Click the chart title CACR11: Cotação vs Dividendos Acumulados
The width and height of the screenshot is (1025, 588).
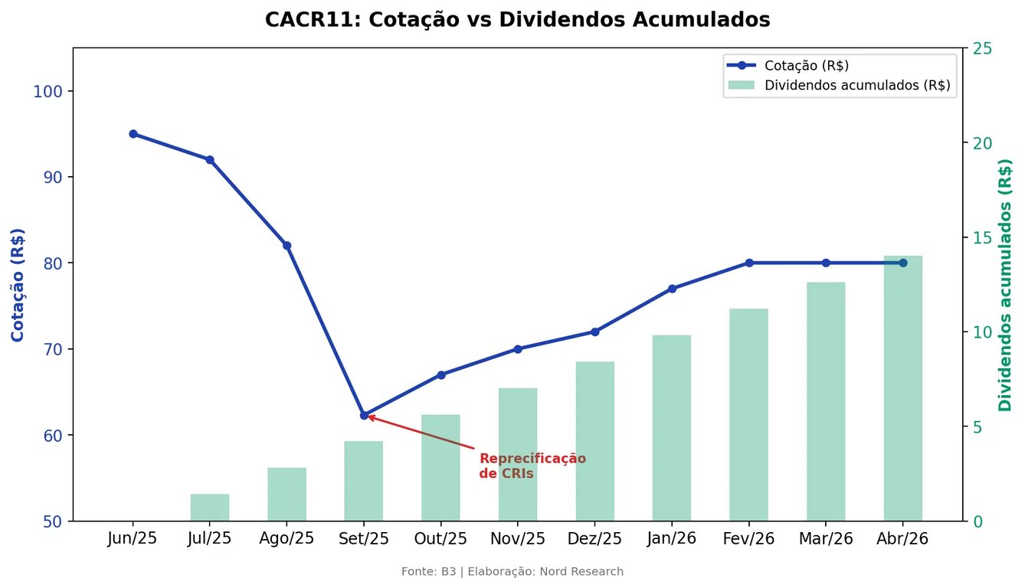coord(517,20)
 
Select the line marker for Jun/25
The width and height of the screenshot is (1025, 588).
coord(133,134)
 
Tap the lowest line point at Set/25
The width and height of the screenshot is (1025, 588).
coord(364,415)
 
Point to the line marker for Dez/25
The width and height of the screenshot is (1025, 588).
coord(595,332)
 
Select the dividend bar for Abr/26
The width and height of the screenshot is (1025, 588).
coord(902,388)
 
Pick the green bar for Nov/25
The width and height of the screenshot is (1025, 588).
coord(518,454)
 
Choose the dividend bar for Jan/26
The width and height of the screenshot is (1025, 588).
coord(672,428)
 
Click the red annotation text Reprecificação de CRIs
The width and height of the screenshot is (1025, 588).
coord(532,466)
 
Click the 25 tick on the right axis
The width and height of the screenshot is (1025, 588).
coord(982,48)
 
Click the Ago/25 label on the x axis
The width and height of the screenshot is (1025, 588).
coord(287,538)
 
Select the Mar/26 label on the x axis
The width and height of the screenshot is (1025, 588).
coord(826,538)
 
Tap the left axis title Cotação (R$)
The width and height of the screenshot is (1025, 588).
coord(17,285)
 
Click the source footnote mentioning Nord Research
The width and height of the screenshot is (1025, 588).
coord(512,571)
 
